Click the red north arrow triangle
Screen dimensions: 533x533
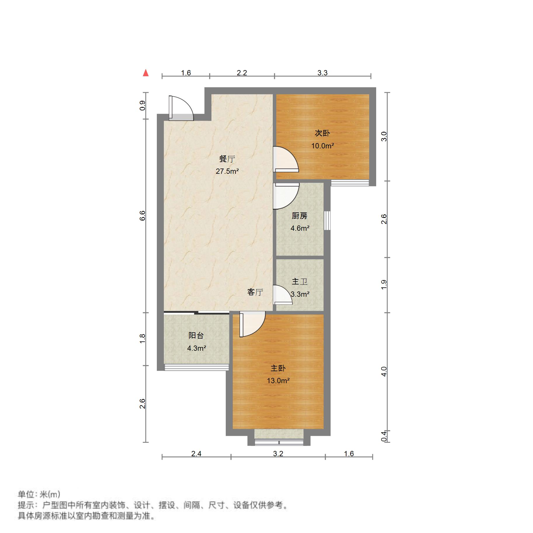[145, 73]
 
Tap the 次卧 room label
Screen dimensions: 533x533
[322, 133]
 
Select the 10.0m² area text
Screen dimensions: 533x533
[322, 146]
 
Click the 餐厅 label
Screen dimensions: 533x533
[227, 159]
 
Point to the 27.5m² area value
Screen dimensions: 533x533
[227, 171]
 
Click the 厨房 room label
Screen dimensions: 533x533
[299, 216]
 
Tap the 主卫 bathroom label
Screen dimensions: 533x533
[299, 282]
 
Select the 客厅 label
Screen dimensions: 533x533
[255, 292]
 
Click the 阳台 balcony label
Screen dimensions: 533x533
[196, 336]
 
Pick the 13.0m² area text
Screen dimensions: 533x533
[278, 381]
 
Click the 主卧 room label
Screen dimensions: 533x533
[278, 368]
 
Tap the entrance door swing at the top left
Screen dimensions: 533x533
[181, 108]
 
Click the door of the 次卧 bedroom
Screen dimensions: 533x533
[286, 159]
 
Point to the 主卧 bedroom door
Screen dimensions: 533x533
[252, 324]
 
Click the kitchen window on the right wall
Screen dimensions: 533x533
[327, 221]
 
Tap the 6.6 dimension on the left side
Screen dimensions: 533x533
[142, 216]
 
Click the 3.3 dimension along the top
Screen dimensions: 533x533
[322, 73]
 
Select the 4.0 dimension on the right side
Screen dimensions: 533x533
[384, 371]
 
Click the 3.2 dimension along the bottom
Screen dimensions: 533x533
[278, 454]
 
